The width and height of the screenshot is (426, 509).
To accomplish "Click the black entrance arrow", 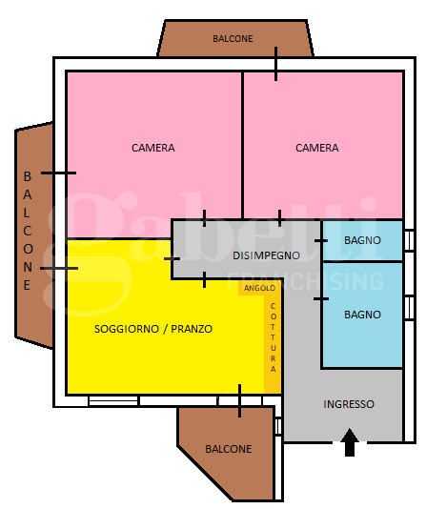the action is (x=350, y=442).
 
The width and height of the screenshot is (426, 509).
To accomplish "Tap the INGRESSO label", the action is (x=349, y=404).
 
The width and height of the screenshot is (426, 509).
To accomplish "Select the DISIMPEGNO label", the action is (x=266, y=255).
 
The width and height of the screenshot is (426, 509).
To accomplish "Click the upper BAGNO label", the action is (x=362, y=240).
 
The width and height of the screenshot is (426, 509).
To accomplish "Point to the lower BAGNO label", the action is (x=362, y=315).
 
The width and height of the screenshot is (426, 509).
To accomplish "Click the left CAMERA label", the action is (x=153, y=148).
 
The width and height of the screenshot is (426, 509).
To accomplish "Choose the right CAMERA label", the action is (x=317, y=148).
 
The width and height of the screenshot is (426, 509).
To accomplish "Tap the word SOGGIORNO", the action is (x=127, y=329).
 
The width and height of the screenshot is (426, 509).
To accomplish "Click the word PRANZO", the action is (x=192, y=329).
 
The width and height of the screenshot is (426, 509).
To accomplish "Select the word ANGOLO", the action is (x=260, y=288).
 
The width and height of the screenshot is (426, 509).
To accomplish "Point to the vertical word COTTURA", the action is (x=274, y=337).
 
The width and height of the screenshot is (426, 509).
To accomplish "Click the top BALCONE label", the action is (x=233, y=39).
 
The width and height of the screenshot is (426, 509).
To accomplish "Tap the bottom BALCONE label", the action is (x=229, y=449).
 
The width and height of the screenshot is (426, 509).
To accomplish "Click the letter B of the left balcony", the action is (x=28, y=176).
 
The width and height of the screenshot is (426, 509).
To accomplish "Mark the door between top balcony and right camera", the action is (x=275, y=64).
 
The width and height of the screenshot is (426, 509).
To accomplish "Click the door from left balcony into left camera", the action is (x=58, y=173).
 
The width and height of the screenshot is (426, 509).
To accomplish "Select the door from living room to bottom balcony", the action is (x=239, y=401).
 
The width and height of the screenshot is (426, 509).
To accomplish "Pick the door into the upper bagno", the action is (x=321, y=240).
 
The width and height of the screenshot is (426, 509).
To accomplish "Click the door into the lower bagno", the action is (x=321, y=298).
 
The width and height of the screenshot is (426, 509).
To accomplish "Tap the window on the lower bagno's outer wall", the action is (x=410, y=308).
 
